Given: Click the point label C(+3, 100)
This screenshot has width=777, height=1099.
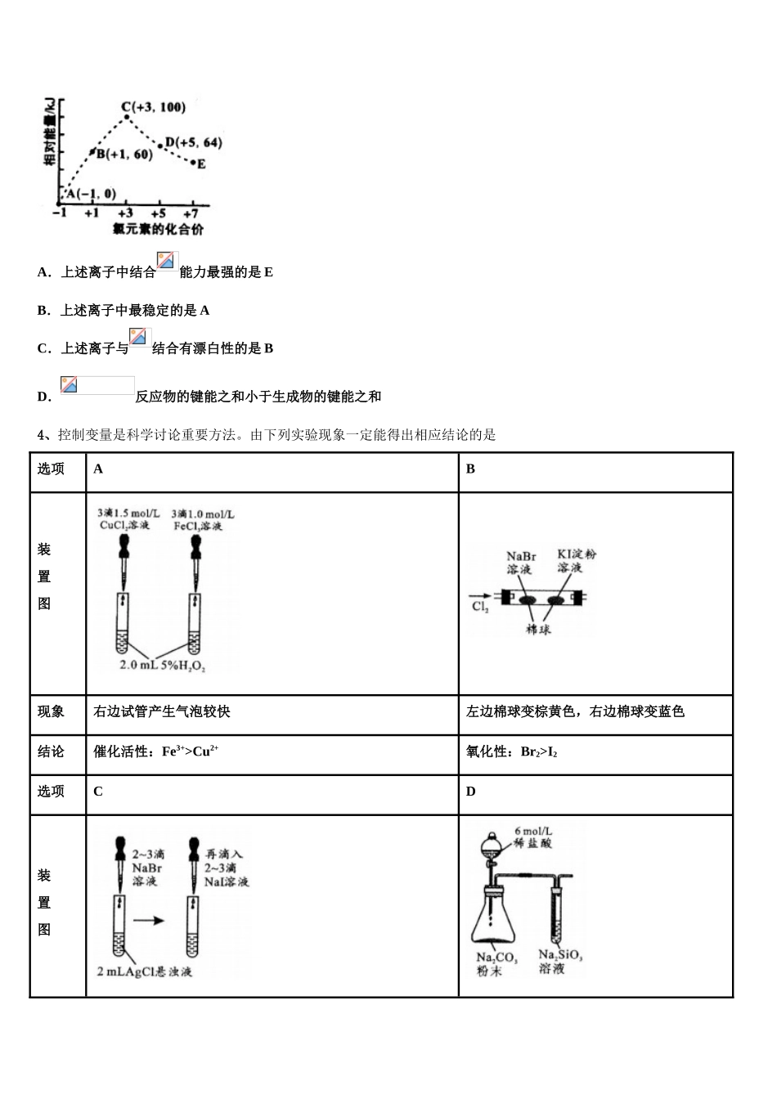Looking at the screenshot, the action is click(x=153, y=107).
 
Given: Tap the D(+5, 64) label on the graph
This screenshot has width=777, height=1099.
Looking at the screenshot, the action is click(x=193, y=143).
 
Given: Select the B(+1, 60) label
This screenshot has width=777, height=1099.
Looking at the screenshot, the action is click(x=124, y=155).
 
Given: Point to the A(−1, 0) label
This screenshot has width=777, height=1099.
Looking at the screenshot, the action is click(x=91, y=194).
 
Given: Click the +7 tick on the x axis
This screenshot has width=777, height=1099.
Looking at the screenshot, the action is click(x=193, y=213).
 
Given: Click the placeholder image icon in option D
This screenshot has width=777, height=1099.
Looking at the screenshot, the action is click(x=97, y=386).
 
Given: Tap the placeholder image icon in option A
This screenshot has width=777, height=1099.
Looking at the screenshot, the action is click(x=167, y=262).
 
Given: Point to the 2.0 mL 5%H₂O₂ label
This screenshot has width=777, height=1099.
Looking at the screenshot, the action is click(x=163, y=666).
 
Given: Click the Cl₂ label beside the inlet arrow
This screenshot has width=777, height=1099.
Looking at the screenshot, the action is click(x=479, y=607).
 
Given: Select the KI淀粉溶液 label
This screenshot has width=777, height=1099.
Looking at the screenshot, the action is click(x=577, y=560).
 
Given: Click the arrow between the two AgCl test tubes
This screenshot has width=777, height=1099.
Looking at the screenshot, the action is click(x=148, y=921).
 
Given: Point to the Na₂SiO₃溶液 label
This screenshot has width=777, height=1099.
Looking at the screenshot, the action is click(x=560, y=961).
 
